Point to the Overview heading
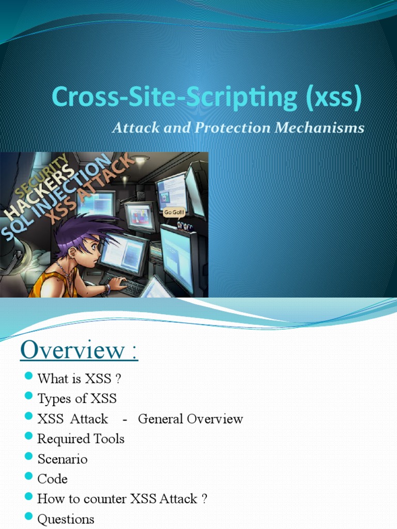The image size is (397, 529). click(x=79, y=351)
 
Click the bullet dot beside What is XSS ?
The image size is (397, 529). click(x=28, y=376)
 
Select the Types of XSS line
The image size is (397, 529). click(x=77, y=398)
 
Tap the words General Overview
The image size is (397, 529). click(x=190, y=418)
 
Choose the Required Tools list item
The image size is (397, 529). click(x=81, y=439)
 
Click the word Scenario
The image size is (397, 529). click(x=63, y=459)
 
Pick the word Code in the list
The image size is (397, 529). click(x=52, y=479)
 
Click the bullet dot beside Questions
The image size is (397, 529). click(x=28, y=517)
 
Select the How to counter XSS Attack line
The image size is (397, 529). click(x=122, y=499)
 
